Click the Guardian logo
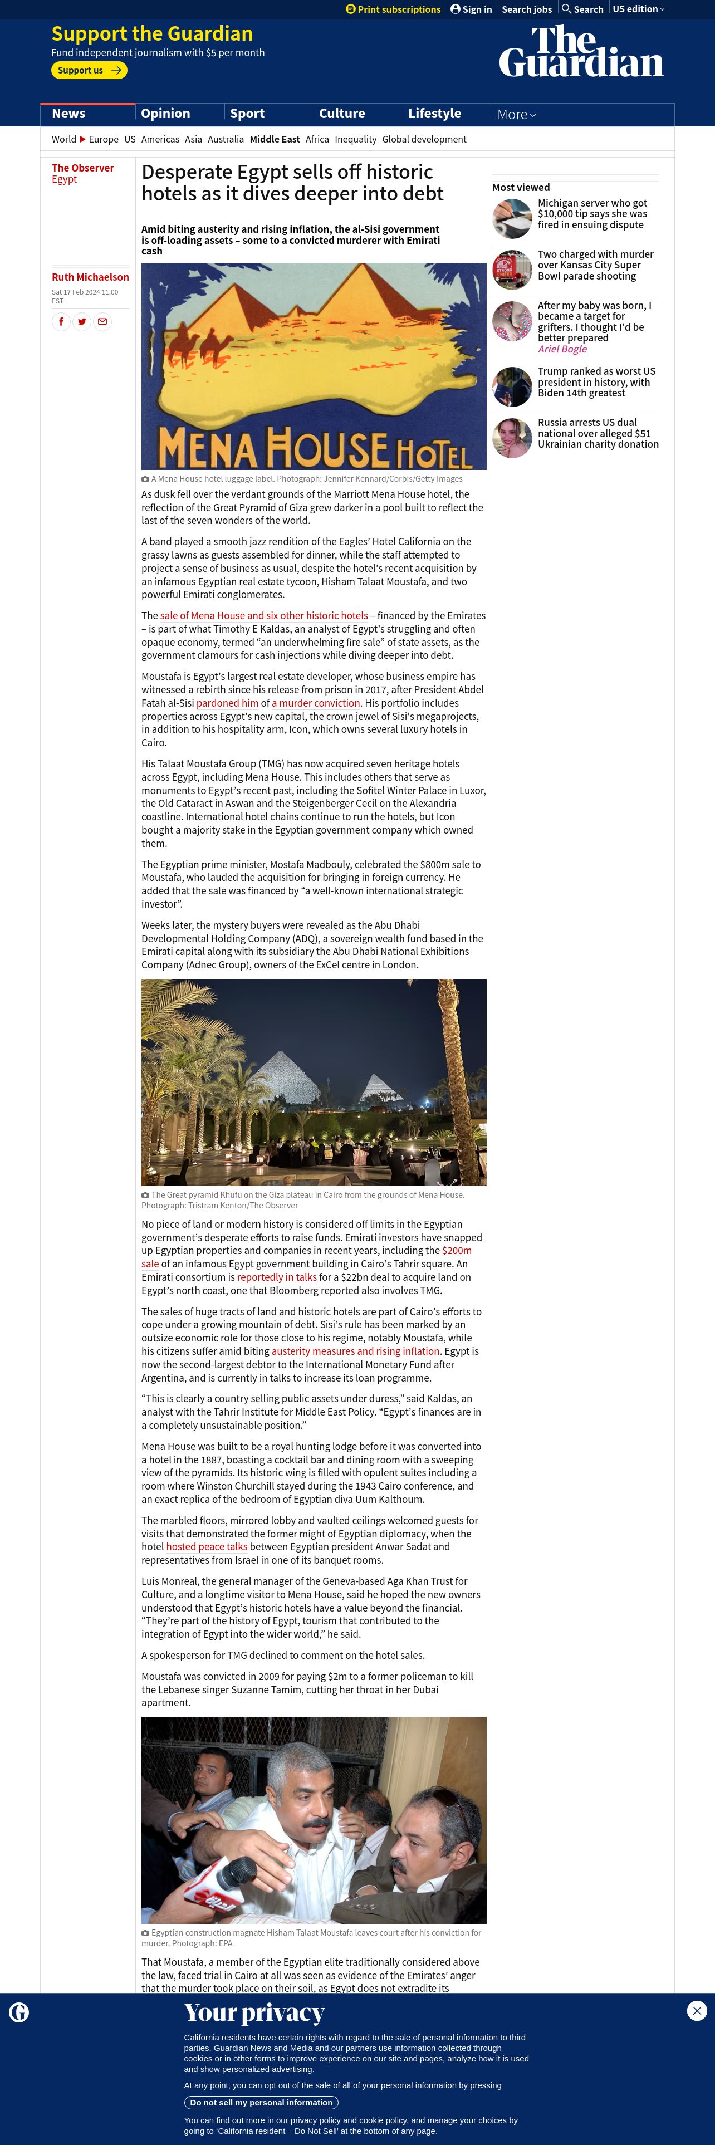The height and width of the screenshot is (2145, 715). tap(581, 52)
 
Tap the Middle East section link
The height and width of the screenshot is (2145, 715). tap(275, 140)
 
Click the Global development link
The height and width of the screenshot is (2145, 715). tap(424, 140)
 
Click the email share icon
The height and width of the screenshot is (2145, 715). tap(102, 321)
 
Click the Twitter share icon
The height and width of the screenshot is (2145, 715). tap(81, 321)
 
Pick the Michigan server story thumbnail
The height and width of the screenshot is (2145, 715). tap(512, 219)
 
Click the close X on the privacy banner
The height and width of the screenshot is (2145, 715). tap(697, 2010)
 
